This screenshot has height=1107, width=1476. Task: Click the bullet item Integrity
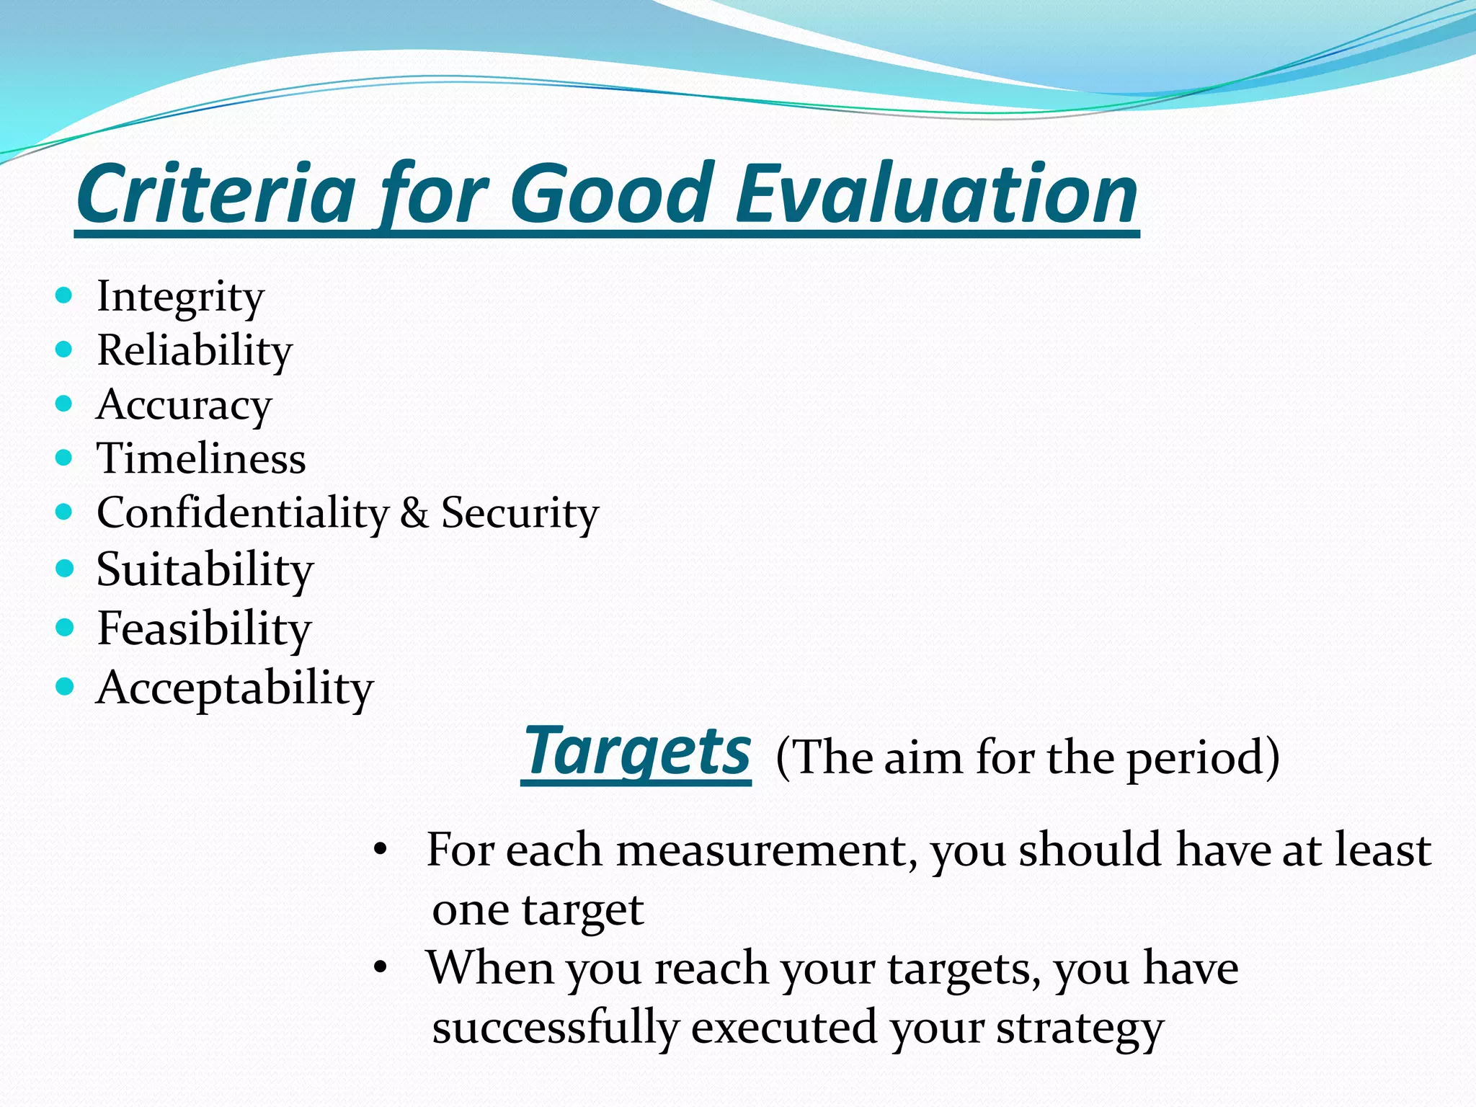coord(180,296)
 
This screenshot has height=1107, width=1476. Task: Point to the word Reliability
coord(195,351)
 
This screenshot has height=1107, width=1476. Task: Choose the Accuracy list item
coord(184,405)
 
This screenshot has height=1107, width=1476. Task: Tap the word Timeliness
coord(201,459)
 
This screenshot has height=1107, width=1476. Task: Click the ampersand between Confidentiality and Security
coord(414,513)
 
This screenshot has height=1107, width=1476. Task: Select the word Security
coord(520,514)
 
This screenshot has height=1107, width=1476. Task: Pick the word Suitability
coord(205,570)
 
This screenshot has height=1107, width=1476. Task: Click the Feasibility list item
coord(204,628)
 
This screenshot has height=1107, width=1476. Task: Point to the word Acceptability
coord(235,688)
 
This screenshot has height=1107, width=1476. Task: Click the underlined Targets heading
coord(637,752)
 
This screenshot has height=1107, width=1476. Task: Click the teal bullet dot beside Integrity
coord(64,295)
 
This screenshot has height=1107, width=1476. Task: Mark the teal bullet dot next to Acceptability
coord(64,686)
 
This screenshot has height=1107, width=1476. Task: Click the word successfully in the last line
coord(556,1027)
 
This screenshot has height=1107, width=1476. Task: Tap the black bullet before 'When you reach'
coord(381,968)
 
